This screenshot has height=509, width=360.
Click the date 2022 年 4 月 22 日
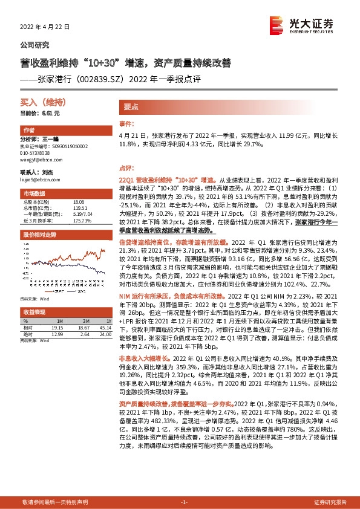(45, 27)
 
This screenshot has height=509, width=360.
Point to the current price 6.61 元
(51, 113)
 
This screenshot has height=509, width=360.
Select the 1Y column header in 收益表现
(108, 320)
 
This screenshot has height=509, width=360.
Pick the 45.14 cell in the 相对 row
(106, 327)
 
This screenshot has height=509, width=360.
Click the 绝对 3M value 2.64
(84, 333)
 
